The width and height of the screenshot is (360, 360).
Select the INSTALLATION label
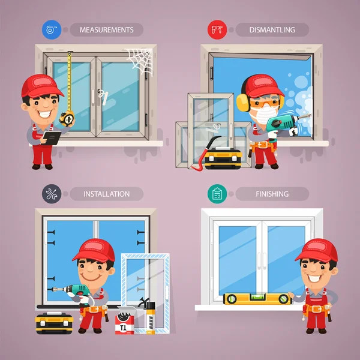[106, 194]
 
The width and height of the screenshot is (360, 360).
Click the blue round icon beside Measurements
[50, 29]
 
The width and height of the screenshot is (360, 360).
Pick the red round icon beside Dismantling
[215, 29]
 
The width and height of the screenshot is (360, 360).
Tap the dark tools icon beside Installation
[51, 194]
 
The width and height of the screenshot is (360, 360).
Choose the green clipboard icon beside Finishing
[216, 194]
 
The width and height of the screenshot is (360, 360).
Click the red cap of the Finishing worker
[316, 248]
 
